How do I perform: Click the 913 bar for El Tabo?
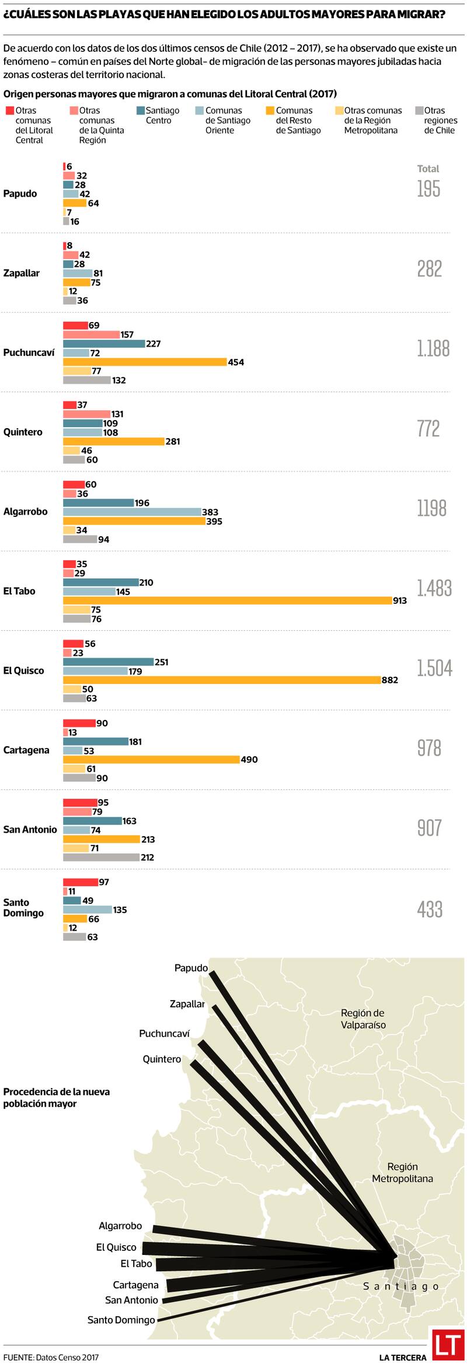[227, 600]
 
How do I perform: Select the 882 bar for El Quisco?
[222, 680]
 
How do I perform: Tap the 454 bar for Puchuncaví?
[145, 362]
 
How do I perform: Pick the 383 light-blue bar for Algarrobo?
[132, 512]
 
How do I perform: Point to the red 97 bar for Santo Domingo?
[80, 882]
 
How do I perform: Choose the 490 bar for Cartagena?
[151, 759]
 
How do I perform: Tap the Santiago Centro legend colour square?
[140, 110]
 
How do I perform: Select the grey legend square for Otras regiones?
[419, 110]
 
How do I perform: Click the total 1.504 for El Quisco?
[434, 669]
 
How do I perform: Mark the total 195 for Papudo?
[428, 189]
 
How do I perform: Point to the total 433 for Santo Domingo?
[430, 909]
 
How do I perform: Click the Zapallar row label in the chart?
[22, 273]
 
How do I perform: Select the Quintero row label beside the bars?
[23, 432]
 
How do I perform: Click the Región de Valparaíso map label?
[363, 1019]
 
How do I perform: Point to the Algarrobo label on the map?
[120, 1226]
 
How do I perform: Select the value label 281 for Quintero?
[173, 442]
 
